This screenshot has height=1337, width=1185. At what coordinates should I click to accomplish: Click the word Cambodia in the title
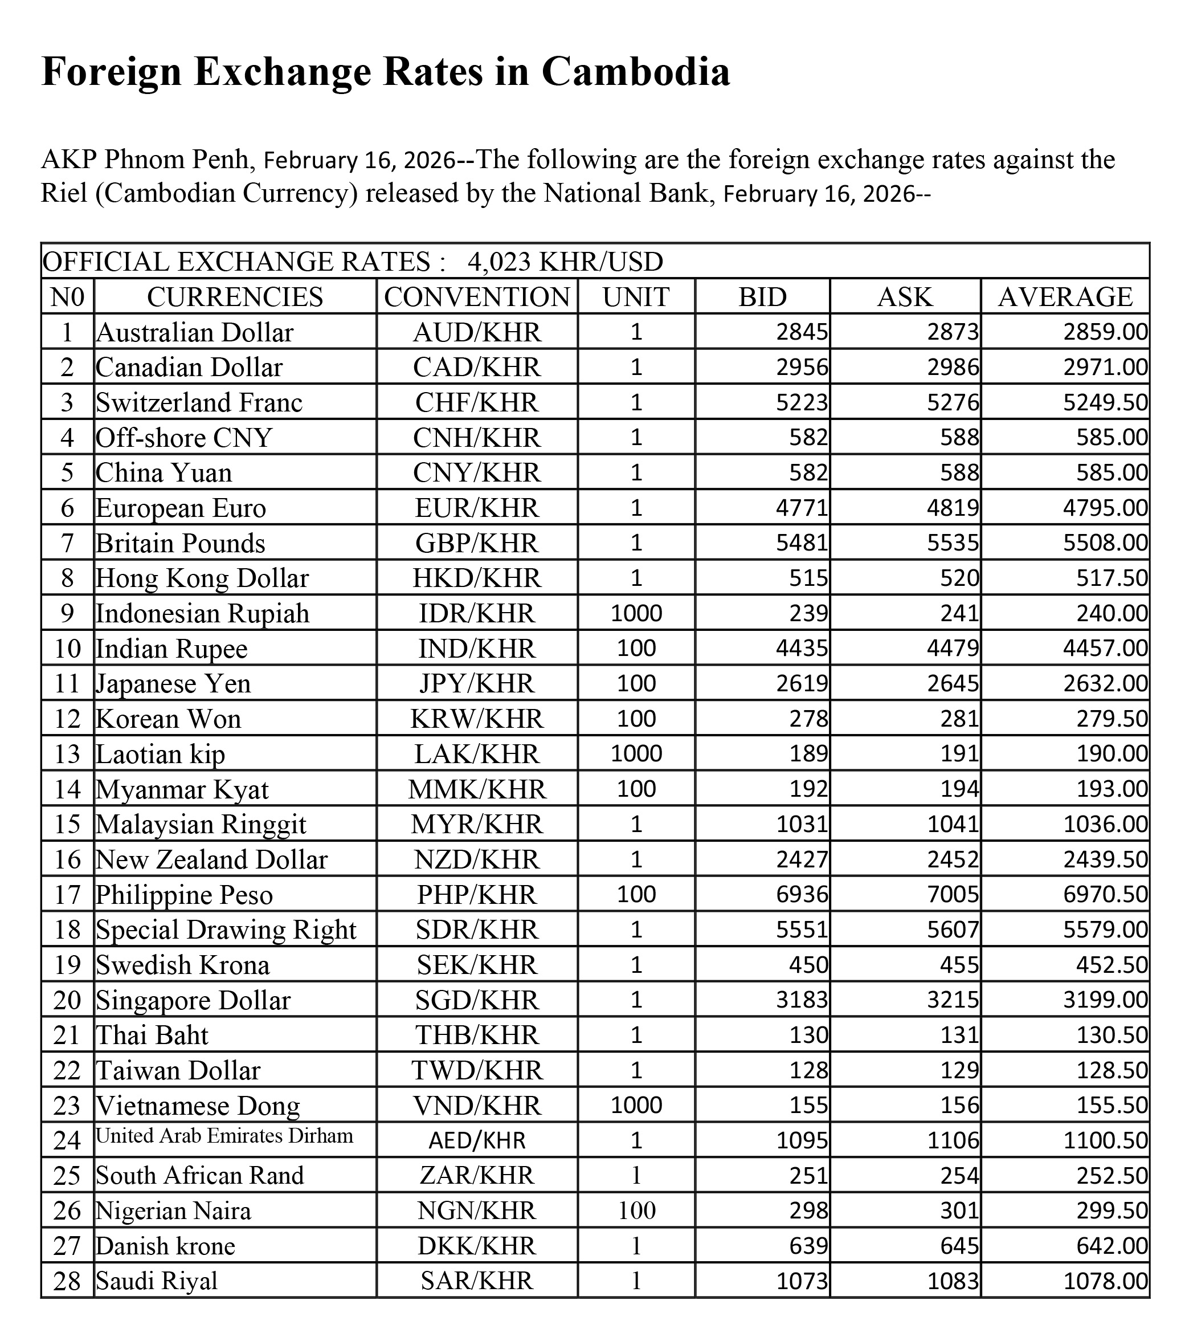pyautogui.click(x=635, y=71)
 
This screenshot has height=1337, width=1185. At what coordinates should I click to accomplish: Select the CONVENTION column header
pyautogui.click(x=477, y=297)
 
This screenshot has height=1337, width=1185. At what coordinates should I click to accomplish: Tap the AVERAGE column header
pyautogui.click(x=1065, y=297)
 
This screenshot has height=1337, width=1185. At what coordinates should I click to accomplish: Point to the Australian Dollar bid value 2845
pyautogui.click(x=802, y=332)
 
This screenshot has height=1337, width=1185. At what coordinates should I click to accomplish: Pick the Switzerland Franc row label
pyautogui.click(x=199, y=402)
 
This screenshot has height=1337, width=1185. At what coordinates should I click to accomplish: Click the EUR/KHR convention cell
pyautogui.click(x=477, y=508)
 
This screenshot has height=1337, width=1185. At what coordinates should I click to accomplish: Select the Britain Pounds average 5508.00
pyautogui.click(x=1105, y=543)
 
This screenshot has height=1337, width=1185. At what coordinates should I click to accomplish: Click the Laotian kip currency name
pyautogui.click(x=160, y=754)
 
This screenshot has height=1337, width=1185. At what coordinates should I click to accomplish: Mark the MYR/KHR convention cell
pyautogui.click(x=477, y=824)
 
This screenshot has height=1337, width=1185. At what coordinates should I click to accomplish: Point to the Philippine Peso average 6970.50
pyautogui.click(x=1105, y=894)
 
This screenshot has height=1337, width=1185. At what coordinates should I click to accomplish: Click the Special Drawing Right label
pyautogui.click(x=226, y=930)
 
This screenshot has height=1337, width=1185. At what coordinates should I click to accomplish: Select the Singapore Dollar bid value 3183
pyautogui.click(x=802, y=1000)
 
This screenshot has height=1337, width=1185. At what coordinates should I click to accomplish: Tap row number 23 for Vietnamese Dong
pyautogui.click(x=67, y=1106)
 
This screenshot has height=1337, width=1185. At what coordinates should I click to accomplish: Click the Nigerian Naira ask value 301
pyautogui.click(x=959, y=1210)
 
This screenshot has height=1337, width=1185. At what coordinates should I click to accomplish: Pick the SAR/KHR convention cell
pyautogui.click(x=477, y=1281)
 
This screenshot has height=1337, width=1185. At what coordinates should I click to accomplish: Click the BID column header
pyautogui.click(x=762, y=297)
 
